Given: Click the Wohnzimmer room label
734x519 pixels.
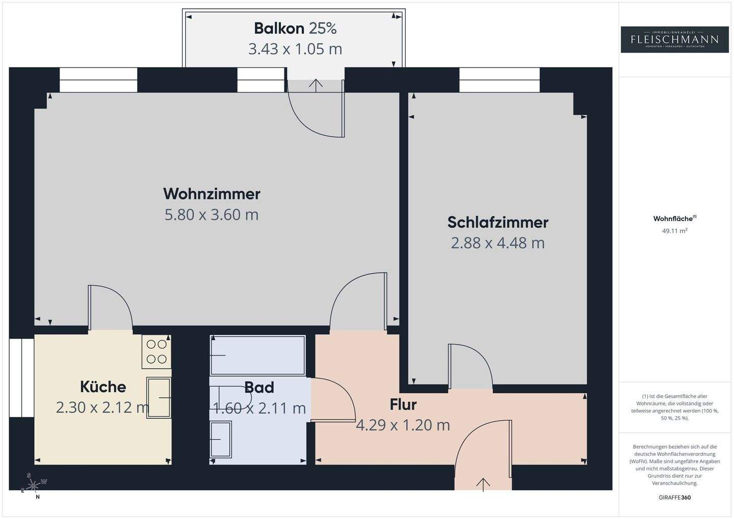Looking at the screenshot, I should [212, 194].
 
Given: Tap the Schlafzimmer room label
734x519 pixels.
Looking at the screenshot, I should [497, 223].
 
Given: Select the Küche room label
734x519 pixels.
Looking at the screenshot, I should [103, 387].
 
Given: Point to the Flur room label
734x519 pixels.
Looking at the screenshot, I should [403, 405].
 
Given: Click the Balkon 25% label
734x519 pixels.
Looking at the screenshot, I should [295, 29].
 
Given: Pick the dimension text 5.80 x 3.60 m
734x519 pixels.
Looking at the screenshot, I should [212, 215].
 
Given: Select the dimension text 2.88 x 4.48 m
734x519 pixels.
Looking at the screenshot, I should [497, 243].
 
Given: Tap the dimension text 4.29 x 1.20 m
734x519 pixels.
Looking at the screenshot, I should [403, 425].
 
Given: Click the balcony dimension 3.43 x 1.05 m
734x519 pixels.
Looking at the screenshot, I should [295, 49].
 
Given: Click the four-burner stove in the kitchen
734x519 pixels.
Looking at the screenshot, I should [156, 351].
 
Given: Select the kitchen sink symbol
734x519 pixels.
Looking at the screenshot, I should [159, 397].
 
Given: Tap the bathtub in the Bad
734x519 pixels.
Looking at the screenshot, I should [258, 356].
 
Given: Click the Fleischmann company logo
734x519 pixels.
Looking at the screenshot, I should [674, 39].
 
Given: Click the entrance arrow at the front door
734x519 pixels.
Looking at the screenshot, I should [483, 484].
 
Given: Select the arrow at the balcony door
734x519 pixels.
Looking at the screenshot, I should [316, 85].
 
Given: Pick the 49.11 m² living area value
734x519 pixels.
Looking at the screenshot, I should [674, 231].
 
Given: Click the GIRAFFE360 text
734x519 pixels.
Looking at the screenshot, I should [674, 498].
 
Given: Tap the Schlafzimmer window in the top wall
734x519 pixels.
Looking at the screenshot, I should [499, 80].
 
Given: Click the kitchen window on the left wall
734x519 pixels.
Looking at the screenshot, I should [21, 377].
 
